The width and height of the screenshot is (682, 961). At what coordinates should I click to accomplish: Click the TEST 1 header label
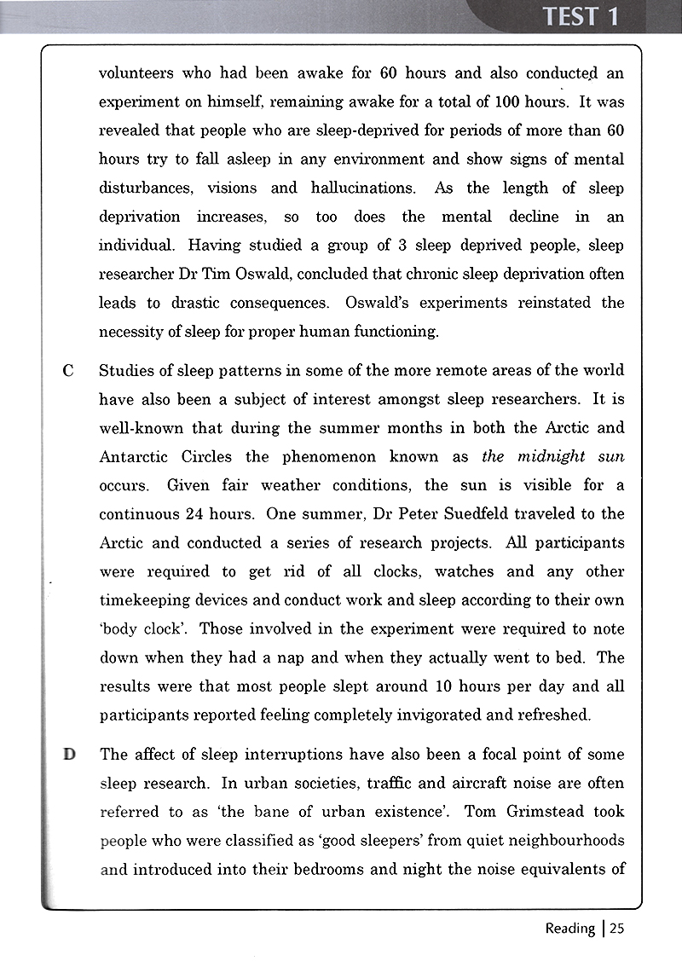point(581,17)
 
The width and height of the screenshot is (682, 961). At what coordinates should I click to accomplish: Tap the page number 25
point(616,929)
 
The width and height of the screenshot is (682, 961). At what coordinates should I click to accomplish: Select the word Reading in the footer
point(569,929)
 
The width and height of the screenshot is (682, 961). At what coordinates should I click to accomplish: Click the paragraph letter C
point(69,371)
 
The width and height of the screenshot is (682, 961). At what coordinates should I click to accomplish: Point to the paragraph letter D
point(69,755)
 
